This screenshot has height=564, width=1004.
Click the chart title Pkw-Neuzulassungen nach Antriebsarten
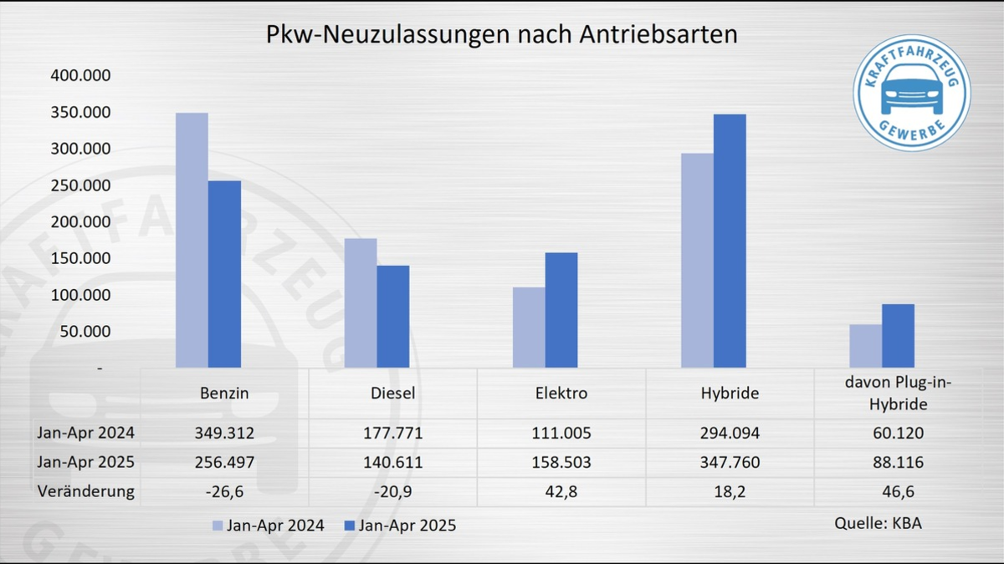coord(501,35)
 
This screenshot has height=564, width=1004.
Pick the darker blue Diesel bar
coord(393,317)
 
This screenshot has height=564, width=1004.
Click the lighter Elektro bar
coord(529,328)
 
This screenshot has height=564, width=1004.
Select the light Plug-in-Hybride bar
coord(865,346)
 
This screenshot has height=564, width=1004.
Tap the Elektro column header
coord(561,393)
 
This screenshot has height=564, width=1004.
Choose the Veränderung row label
coord(85,490)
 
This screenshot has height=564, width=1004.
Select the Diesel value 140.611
coord(393,462)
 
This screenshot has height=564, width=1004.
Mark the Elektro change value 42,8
coord(561,490)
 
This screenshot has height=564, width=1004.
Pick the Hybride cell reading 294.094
coord(730,434)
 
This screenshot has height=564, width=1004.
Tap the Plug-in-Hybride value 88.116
coord(898,462)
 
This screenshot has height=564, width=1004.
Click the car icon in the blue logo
coord(912,89)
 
